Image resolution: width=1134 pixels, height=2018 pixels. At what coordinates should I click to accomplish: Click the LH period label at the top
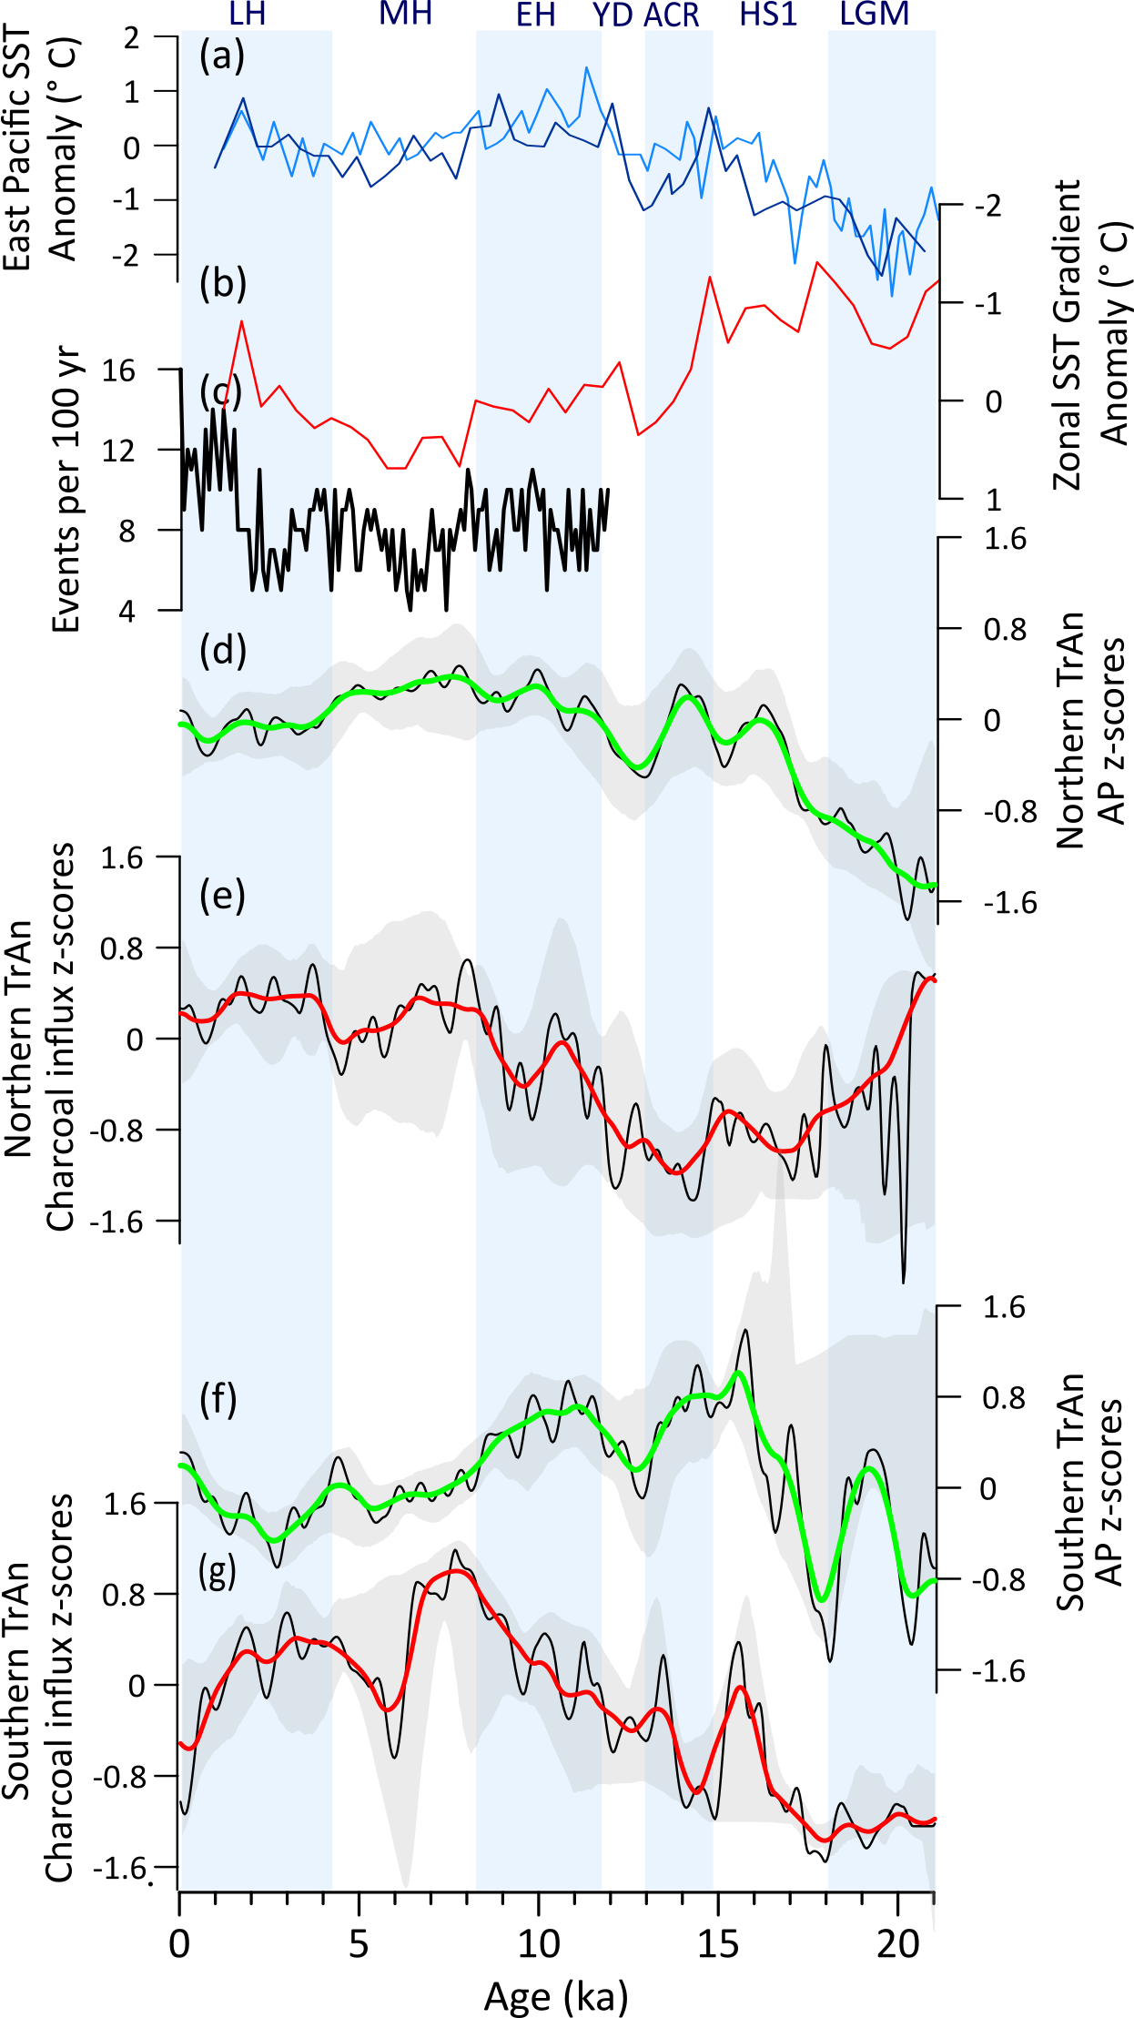[247, 14]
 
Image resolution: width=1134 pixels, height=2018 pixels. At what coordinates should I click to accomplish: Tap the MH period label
[405, 14]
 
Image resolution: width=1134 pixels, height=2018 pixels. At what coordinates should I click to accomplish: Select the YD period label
[613, 15]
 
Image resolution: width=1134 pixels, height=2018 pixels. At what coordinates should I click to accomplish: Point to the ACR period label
[672, 15]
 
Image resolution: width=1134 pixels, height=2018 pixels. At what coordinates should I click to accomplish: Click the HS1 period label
[768, 14]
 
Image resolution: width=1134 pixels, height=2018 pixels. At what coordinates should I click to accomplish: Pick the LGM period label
[874, 14]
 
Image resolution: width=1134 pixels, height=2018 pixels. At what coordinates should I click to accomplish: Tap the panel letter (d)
[223, 651]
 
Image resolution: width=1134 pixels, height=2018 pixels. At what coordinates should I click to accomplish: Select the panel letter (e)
[223, 896]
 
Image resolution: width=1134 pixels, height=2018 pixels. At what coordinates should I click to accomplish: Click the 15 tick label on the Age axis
[718, 1943]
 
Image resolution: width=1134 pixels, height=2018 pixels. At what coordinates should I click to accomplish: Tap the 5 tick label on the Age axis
[359, 1943]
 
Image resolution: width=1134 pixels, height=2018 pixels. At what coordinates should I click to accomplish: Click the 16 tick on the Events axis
[118, 370]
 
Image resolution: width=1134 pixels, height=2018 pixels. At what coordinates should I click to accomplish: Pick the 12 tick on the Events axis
[118, 451]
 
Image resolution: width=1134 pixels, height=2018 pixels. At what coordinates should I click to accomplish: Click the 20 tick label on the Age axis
[897, 1943]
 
